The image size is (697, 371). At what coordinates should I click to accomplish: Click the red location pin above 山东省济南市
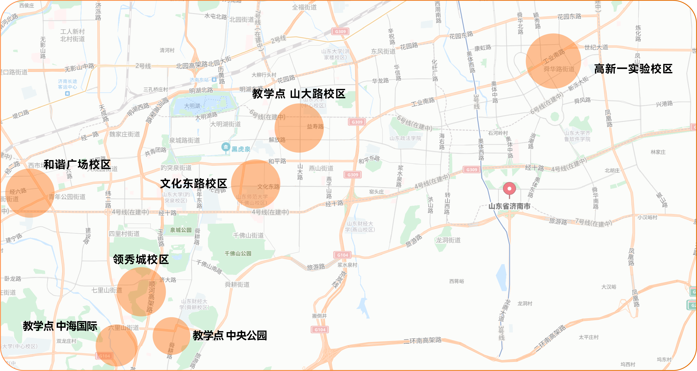point(509,189)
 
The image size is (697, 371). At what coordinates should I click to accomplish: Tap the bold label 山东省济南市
point(509,206)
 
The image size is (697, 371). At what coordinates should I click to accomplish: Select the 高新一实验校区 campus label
point(633,69)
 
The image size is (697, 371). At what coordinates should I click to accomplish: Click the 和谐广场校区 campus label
point(77,164)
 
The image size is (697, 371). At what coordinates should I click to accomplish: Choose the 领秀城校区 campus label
point(141,259)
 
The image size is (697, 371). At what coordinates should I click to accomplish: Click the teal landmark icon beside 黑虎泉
point(226,147)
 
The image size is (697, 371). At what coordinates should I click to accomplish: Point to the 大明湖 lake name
point(192,106)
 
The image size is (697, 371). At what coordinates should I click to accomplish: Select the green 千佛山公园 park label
point(238,253)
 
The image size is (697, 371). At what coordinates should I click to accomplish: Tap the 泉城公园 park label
point(181,230)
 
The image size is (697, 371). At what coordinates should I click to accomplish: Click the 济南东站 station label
point(199,80)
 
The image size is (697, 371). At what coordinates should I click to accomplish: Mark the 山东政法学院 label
point(405,138)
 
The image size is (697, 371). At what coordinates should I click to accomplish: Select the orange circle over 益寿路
point(299,128)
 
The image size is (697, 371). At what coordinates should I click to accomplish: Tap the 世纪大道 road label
point(596,47)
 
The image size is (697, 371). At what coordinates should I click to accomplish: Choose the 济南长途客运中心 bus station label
point(67,84)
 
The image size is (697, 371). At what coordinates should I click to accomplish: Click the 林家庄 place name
point(658,152)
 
